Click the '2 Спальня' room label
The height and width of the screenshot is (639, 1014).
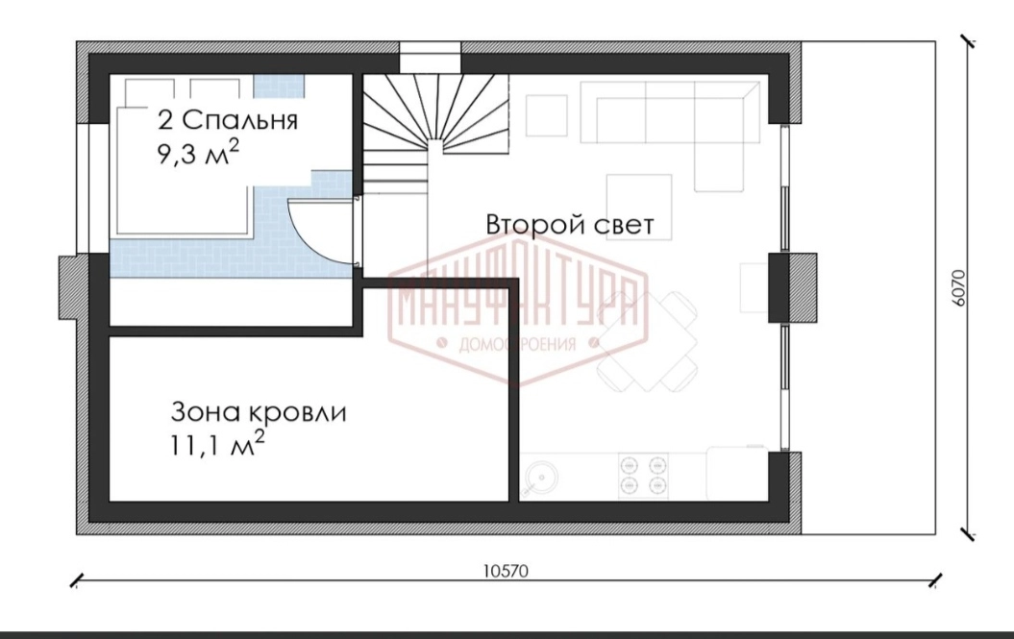[228, 120]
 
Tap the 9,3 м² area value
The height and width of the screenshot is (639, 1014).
[198, 154]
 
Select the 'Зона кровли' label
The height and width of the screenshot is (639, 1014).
[259, 412]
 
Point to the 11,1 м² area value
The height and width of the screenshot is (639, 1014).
[217, 445]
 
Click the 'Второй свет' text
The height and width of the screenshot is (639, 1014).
[570, 225]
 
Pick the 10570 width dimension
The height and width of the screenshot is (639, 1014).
[506, 571]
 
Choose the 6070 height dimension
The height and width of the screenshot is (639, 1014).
[958, 288]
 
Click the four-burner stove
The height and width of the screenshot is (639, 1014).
[643, 475]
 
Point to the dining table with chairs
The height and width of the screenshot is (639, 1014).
[647, 341]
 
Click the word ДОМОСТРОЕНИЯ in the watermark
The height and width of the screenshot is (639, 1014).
[517, 344]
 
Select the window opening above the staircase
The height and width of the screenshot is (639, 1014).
[431, 58]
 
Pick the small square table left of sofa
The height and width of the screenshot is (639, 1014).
[547, 115]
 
